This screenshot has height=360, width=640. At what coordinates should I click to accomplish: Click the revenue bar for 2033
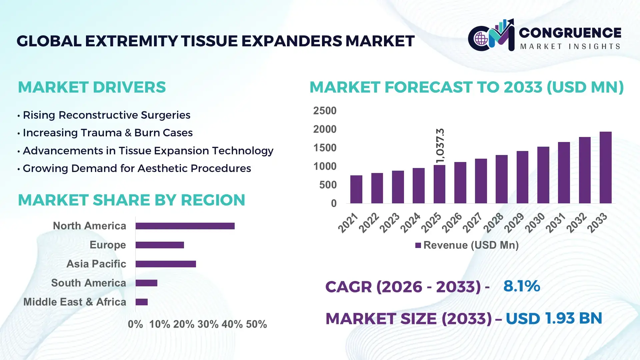pyautogui.click(x=605, y=168)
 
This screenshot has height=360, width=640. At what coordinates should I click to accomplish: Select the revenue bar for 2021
pyautogui.click(x=356, y=189)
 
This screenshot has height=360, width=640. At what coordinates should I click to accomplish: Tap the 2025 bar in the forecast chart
pyautogui.click(x=439, y=184)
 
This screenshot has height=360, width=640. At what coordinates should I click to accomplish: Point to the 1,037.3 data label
pyautogui.click(x=440, y=146)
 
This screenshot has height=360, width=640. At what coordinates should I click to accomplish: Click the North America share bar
pyautogui.click(x=185, y=226)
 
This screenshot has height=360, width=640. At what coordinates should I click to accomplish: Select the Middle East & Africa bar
pyautogui.click(x=141, y=302)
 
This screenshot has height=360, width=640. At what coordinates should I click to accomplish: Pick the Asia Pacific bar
pyautogui.click(x=166, y=264)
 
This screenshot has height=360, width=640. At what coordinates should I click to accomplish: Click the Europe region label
pyautogui.click(x=108, y=245)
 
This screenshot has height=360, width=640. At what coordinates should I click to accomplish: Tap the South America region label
pyautogui.click(x=88, y=283)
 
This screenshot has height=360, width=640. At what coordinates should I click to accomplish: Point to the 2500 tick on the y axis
pyautogui.click(x=325, y=111)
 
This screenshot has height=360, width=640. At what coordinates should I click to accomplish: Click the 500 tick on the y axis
pyautogui.click(x=328, y=185)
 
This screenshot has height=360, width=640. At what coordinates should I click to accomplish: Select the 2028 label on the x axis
pyautogui.click(x=493, y=222)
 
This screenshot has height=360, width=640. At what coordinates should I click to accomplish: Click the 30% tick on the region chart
pyautogui.click(x=208, y=324)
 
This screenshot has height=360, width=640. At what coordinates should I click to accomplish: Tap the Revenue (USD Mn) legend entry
pyautogui.click(x=467, y=245)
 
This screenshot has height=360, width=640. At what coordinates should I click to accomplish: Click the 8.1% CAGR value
pyautogui.click(x=521, y=286)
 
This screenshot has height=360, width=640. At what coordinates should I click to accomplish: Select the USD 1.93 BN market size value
pyautogui.click(x=554, y=318)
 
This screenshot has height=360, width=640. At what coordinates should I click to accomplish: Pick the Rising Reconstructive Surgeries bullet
pyautogui.click(x=106, y=115)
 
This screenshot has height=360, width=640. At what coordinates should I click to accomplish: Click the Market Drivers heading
pyautogui.click(x=92, y=87)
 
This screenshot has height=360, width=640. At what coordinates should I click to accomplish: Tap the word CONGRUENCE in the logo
pyautogui.click(x=570, y=33)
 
